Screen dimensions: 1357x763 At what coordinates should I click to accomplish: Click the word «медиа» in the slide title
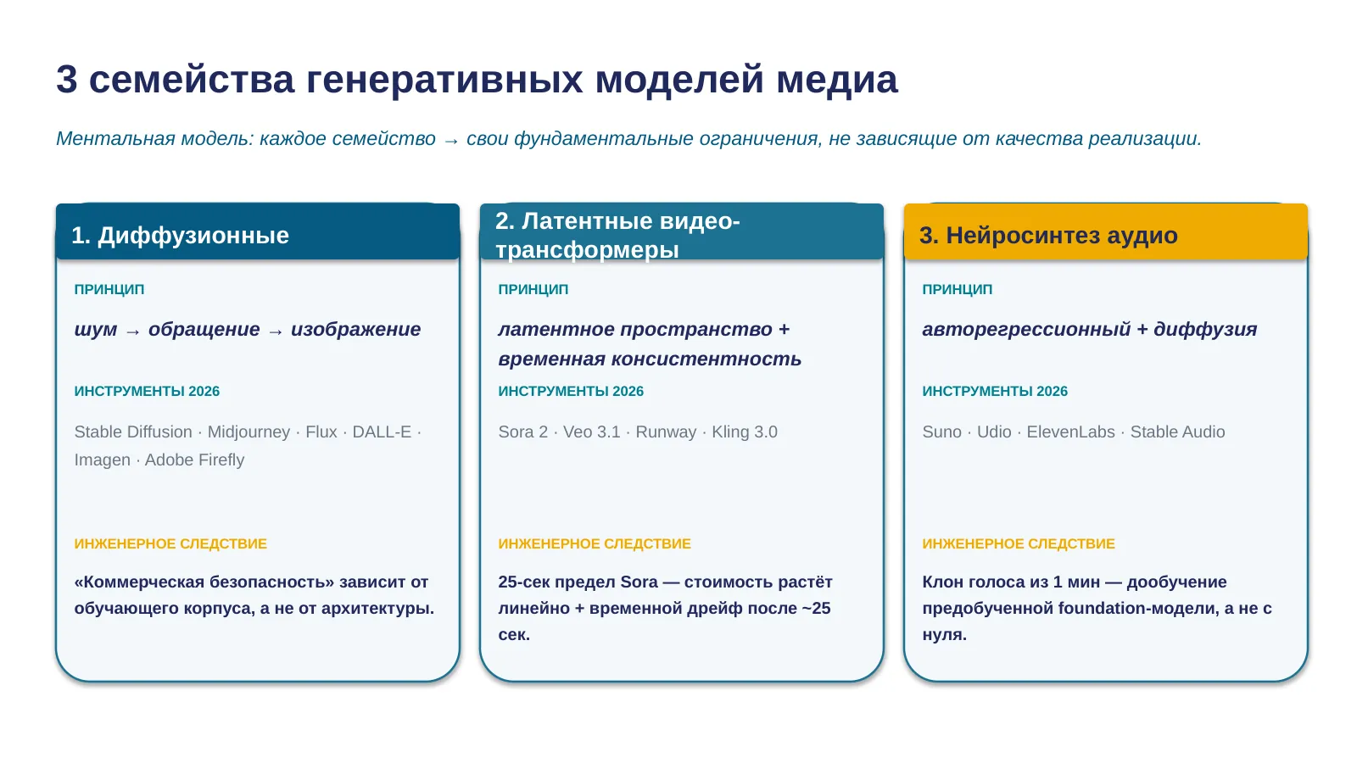[836, 80]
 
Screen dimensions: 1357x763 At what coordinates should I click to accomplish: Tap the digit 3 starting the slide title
[67, 80]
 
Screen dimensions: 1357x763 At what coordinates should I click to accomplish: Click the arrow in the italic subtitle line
[450, 141]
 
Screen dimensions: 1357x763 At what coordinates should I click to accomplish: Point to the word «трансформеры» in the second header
[587, 249]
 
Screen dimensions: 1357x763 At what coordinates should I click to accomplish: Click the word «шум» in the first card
[96, 330]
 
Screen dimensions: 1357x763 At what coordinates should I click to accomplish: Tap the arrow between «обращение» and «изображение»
[275, 331]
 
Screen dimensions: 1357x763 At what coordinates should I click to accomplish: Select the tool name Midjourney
[249, 432]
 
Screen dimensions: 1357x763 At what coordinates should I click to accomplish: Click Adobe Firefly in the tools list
[194, 459]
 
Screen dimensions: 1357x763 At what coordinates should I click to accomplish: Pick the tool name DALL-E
[382, 432]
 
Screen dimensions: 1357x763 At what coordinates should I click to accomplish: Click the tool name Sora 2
[522, 432]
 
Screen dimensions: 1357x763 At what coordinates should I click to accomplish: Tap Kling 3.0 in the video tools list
[745, 432]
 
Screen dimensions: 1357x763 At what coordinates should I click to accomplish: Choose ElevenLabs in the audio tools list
[1070, 432]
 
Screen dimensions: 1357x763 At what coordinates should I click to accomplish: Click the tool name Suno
[942, 432]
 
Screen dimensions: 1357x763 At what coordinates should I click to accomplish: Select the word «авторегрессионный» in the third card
[1026, 330]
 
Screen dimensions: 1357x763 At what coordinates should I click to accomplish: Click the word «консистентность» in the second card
[706, 359]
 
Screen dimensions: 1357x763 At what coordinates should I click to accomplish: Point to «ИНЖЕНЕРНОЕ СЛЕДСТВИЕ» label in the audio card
[1019, 543]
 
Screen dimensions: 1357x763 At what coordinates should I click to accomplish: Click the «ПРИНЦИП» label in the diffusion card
[109, 289]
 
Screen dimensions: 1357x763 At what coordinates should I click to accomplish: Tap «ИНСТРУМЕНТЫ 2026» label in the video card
[571, 391]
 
